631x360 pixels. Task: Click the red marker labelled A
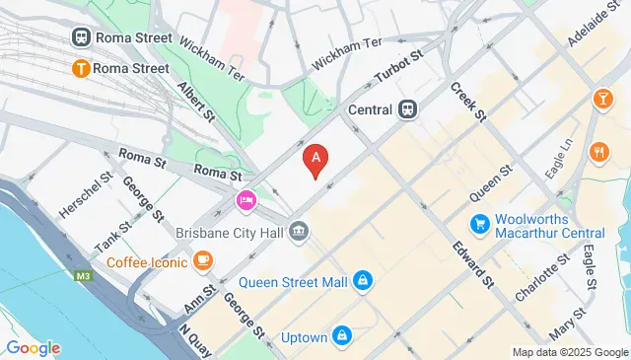pyautogui.click(x=315, y=159)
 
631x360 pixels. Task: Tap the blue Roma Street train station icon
pyautogui.click(x=81, y=36)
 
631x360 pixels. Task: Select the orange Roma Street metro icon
pyautogui.click(x=81, y=68)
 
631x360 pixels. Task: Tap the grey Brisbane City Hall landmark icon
pyautogui.click(x=300, y=233)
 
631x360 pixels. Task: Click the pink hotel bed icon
pyautogui.click(x=245, y=201)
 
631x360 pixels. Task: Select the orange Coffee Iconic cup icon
pyautogui.click(x=202, y=260)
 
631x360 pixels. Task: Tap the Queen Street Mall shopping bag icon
pyautogui.click(x=364, y=282)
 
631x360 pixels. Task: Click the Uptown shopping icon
pyautogui.click(x=342, y=337)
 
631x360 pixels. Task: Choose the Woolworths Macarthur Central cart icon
pyautogui.click(x=480, y=224)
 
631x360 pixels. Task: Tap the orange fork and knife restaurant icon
pyautogui.click(x=596, y=151)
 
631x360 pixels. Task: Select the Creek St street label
pyautogui.click(x=469, y=102)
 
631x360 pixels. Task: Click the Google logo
pyautogui.click(x=33, y=347)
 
